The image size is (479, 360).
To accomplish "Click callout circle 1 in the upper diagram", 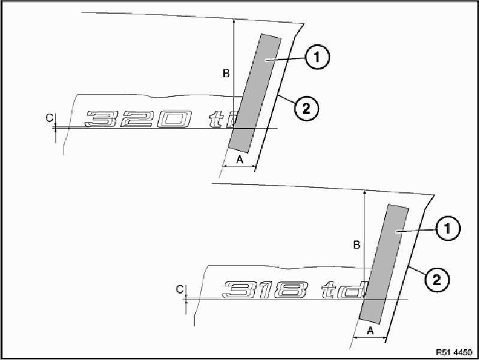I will point(318,59).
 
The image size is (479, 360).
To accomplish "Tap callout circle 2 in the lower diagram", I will point(436,279).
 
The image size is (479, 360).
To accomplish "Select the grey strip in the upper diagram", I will point(255,93).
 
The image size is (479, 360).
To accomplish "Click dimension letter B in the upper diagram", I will point(226,74).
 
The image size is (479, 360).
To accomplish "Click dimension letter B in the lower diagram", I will point(356,245).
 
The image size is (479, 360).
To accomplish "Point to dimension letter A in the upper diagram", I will point(239,159).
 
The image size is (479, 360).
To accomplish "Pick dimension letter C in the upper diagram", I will point(50,119).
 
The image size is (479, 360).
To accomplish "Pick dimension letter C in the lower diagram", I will point(179,289).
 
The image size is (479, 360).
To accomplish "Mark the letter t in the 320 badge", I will point(216,120).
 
